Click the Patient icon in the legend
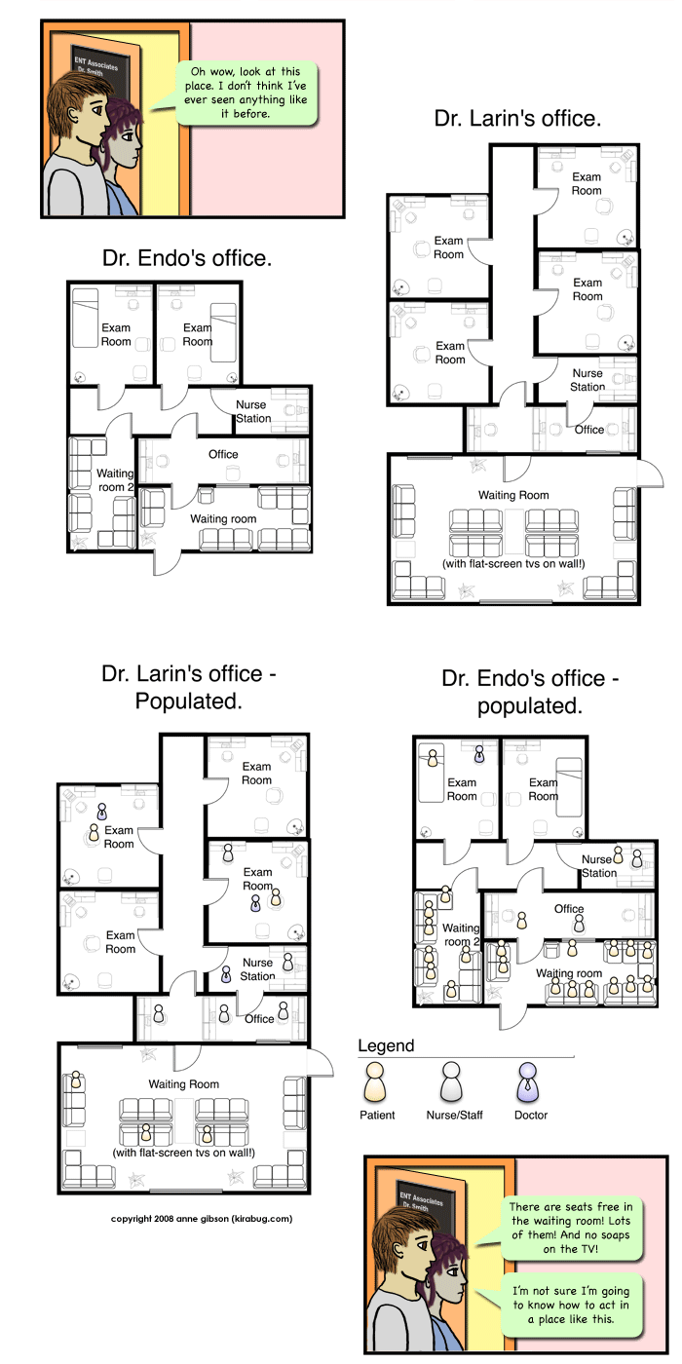(374, 1082)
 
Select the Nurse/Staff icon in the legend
(451, 1082)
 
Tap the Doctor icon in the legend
(527, 1082)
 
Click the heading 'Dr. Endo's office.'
(187, 258)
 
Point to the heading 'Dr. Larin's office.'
(517, 118)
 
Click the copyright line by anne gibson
(202, 1219)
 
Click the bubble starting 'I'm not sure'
(571, 1305)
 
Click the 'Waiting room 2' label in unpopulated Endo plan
(115, 479)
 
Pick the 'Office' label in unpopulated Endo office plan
(223, 454)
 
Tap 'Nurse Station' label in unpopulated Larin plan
(587, 380)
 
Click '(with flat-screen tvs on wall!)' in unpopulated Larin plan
(513, 563)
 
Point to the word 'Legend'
(386, 1045)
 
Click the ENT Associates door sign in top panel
(97, 66)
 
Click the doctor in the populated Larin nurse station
(226, 975)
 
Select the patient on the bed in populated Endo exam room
(433, 757)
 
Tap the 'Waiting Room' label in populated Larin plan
(184, 1083)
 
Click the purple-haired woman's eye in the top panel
(128, 136)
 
